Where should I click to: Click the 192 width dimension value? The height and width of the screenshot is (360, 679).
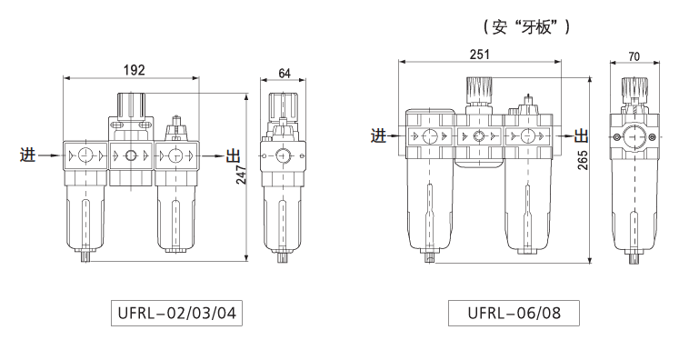tap(135, 70)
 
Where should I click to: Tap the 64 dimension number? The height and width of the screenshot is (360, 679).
tap(285, 74)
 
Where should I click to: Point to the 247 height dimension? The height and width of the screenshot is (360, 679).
tap(241, 175)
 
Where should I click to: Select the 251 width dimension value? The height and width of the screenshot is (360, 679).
tap(480, 55)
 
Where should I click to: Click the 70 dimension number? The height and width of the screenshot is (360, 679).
tap(634, 56)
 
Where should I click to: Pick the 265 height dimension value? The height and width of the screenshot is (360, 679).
tap(583, 160)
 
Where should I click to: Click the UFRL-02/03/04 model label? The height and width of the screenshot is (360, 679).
tap(176, 313)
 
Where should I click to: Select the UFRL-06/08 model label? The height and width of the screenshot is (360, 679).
tap(514, 313)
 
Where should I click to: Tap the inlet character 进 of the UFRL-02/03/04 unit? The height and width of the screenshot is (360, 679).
tap(27, 155)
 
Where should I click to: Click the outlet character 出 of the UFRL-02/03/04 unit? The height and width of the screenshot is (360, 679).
tap(234, 155)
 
